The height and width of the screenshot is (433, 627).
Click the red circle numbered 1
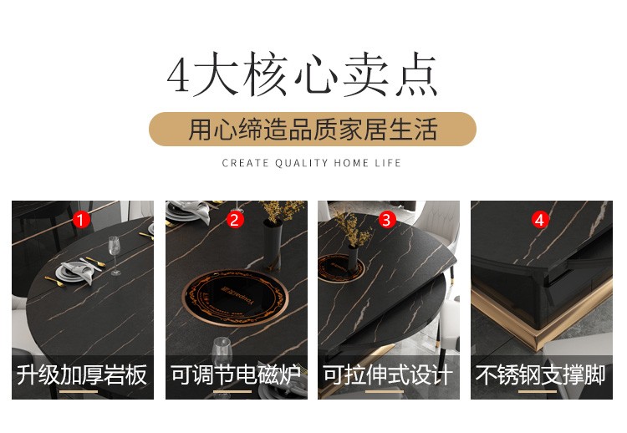click(x=81, y=220)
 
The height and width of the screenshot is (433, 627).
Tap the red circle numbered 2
click(x=235, y=220)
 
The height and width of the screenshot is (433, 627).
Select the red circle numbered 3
click(x=387, y=220)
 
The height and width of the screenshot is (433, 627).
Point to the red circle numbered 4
click(x=539, y=220)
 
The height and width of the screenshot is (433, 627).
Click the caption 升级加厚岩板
click(x=82, y=374)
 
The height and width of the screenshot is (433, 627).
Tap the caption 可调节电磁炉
click(x=236, y=374)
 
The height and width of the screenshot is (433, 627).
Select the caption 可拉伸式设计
click(x=388, y=374)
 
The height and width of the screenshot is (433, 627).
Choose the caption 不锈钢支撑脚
click(x=541, y=374)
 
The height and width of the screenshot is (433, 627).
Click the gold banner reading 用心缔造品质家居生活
click(x=313, y=129)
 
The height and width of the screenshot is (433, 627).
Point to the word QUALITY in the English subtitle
click(x=302, y=163)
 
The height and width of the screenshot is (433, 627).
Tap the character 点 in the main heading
click(x=416, y=74)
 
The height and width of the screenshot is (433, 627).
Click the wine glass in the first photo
click(x=115, y=255)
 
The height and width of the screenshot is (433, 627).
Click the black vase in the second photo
click(x=273, y=244)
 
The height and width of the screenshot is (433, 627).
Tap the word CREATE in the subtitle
click(x=245, y=163)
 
